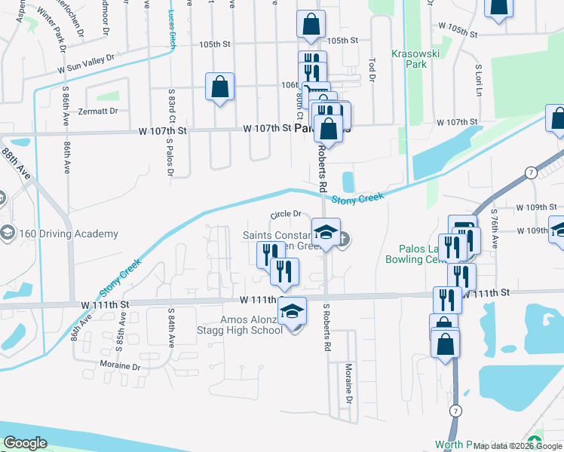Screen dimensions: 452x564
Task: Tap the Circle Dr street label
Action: click(x=286, y=214)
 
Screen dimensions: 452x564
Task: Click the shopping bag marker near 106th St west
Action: click(x=219, y=87)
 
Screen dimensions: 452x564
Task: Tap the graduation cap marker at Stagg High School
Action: click(x=292, y=310)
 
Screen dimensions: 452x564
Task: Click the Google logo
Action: click(x=26, y=444)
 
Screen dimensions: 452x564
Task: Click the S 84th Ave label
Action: click(x=171, y=326)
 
